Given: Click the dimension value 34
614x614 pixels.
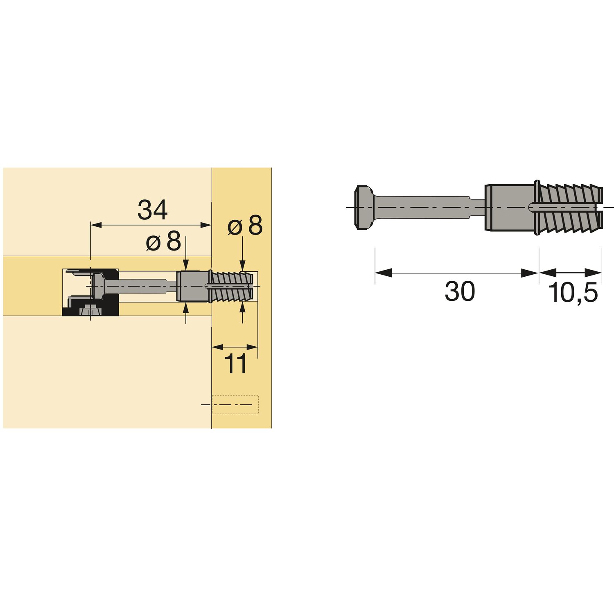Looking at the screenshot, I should click(152, 210).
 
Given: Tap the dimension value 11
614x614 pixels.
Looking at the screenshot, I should click(235, 364).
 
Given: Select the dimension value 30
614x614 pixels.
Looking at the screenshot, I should click(460, 291).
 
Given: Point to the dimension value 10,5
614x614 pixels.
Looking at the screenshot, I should click(573, 293).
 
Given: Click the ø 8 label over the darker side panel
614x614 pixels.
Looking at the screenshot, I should click(245, 226).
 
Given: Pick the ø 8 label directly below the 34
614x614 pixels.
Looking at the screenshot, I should click(163, 242).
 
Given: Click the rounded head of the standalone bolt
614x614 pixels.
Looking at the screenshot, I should click(363, 207).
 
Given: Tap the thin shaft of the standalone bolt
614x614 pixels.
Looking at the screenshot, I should click(426, 207).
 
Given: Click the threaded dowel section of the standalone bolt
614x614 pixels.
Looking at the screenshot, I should click(569, 207).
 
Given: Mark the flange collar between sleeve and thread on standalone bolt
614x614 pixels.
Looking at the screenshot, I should click(537, 207).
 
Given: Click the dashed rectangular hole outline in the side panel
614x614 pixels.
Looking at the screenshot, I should click(235, 404).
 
